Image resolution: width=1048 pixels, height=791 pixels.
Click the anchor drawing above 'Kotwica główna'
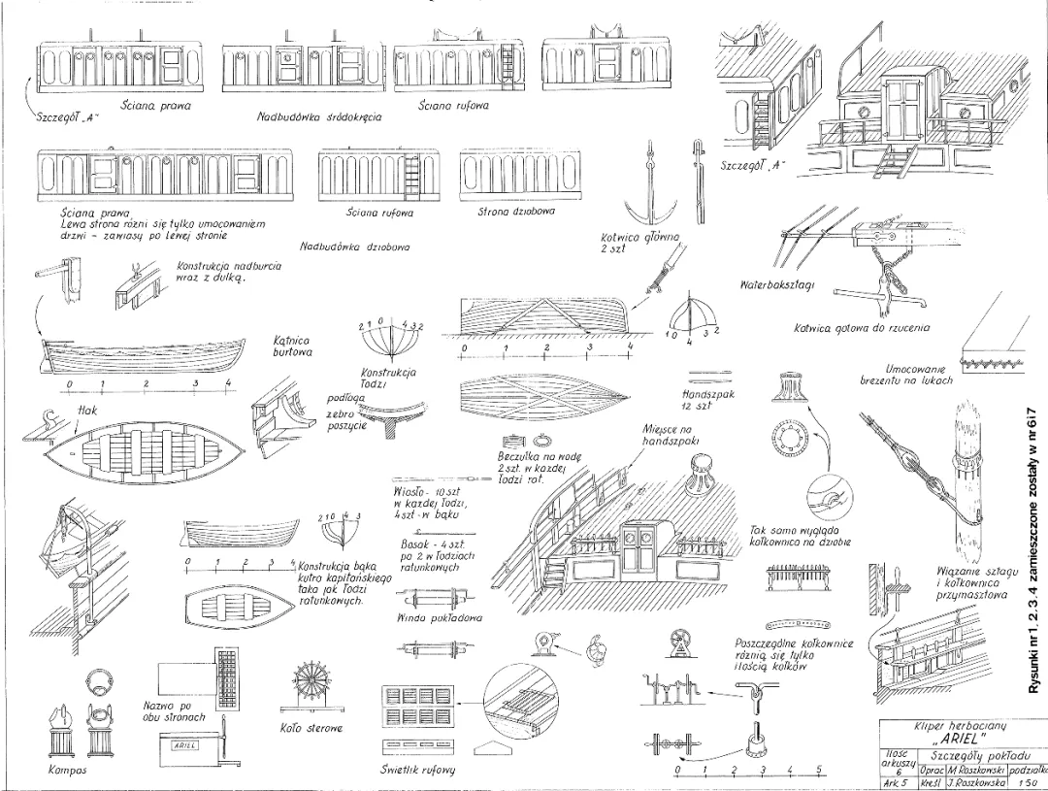(644, 189)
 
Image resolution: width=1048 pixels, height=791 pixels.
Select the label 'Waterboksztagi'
(776, 285)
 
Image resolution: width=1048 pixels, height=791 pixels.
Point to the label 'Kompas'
(67, 771)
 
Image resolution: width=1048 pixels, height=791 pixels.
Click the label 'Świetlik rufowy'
(417, 771)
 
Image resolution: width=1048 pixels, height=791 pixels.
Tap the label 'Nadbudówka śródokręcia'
(319, 116)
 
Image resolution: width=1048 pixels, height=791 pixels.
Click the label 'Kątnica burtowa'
(291, 346)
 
